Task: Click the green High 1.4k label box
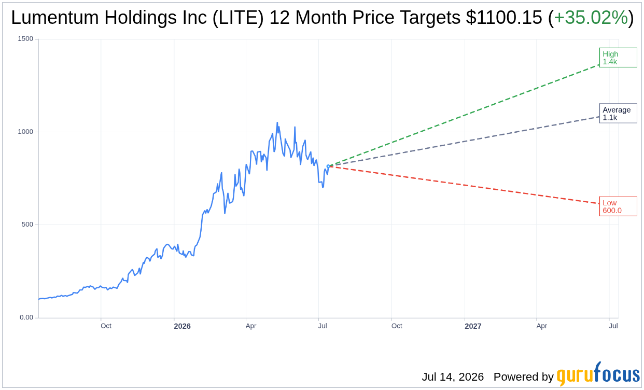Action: pos(618,58)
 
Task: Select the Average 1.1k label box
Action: pos(618,114)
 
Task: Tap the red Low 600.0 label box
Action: pos(618,206)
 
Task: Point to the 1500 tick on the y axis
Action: pos(25,39)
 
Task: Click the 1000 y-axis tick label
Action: pos(25,132)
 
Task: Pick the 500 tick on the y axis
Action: pos(27,225)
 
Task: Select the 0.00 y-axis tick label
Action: pos(26,317)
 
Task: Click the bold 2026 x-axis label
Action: pos(183,326)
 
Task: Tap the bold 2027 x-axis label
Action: pos(473,326)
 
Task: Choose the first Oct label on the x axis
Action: pos(106,326)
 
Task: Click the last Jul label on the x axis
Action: pos(613,326)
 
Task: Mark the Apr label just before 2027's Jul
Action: pos(542,326)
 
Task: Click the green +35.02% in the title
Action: pos(591,18)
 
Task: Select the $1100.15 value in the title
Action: pos(504,18)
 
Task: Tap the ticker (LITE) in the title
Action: pos(238,18)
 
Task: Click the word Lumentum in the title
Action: pos(55,18)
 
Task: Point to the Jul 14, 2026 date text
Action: pos(453,377)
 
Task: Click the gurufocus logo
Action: pos(598,373)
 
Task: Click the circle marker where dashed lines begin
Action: pos(328,166)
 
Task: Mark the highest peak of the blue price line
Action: pos(277,122)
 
